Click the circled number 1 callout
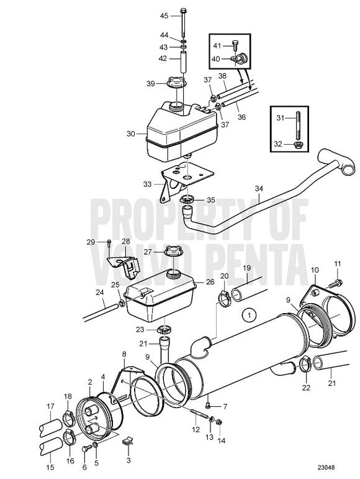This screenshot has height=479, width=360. [250, 315]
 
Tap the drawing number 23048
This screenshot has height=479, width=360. [325, 467]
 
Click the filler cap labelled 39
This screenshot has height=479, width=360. [176, 83]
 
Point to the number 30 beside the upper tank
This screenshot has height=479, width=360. [130, 134]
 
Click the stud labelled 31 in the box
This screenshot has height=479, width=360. [297, 125]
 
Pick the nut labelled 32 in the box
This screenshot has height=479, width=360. [297, 144]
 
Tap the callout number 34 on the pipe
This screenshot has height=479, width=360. [258, 189]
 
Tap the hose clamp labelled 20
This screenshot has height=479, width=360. [224, 298]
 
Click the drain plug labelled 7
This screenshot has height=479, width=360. [209, 405]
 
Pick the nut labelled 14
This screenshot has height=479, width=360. [218, 422]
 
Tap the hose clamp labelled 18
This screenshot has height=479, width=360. [68, 419]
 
